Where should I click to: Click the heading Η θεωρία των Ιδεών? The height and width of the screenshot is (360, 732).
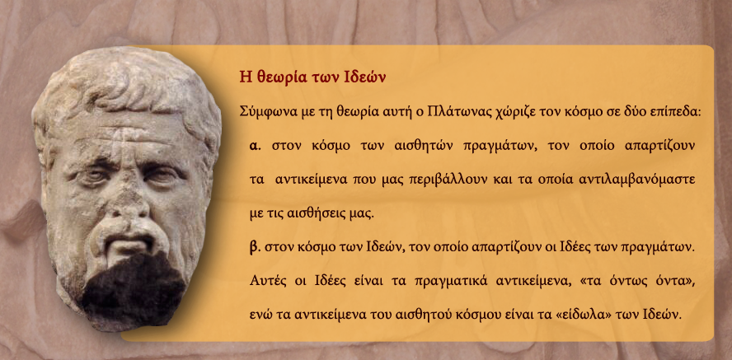pyautogui.click(x=312, y=77)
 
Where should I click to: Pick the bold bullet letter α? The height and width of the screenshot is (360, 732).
pyautogui.click(x=255, y=146)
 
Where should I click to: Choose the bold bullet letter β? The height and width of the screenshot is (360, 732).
pyautogui.click(x=255, y=247)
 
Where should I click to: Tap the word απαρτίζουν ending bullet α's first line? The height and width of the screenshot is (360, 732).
pyautogui.click(x=660, y=146)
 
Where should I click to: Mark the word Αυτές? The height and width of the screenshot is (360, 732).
pyautogui.click(x=266, y=281)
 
